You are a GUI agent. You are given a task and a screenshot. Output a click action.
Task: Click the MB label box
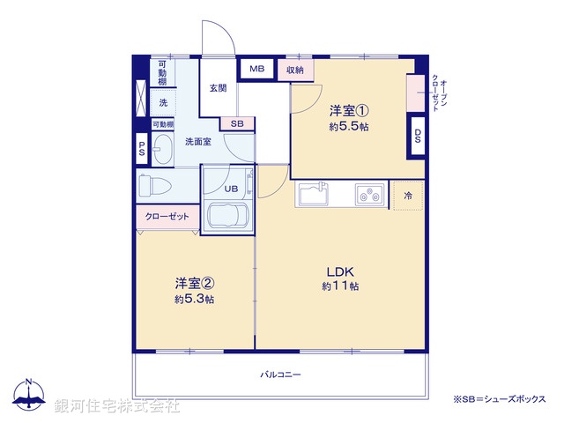point(256,69)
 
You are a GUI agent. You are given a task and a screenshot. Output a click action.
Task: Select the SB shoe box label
point(237,124)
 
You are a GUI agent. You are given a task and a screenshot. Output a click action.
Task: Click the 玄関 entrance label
point(219,88)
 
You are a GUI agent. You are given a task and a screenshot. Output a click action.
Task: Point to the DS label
point(417,136)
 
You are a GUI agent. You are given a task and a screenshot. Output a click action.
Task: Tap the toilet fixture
point(157,186)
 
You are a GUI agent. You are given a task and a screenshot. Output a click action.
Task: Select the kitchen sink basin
point(313,194)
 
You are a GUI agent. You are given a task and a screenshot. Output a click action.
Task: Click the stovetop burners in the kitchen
point(369,194)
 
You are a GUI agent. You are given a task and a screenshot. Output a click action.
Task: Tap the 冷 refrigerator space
point(407,195)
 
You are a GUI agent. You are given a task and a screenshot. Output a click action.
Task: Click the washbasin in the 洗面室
point(164,151)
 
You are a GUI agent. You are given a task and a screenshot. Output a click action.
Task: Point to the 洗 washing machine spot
point(163,102)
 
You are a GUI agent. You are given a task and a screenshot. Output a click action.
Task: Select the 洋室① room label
point(349,111)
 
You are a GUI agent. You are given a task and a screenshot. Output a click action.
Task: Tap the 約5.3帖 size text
point(194,300)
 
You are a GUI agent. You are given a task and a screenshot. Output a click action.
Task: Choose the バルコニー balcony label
point(280,375)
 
